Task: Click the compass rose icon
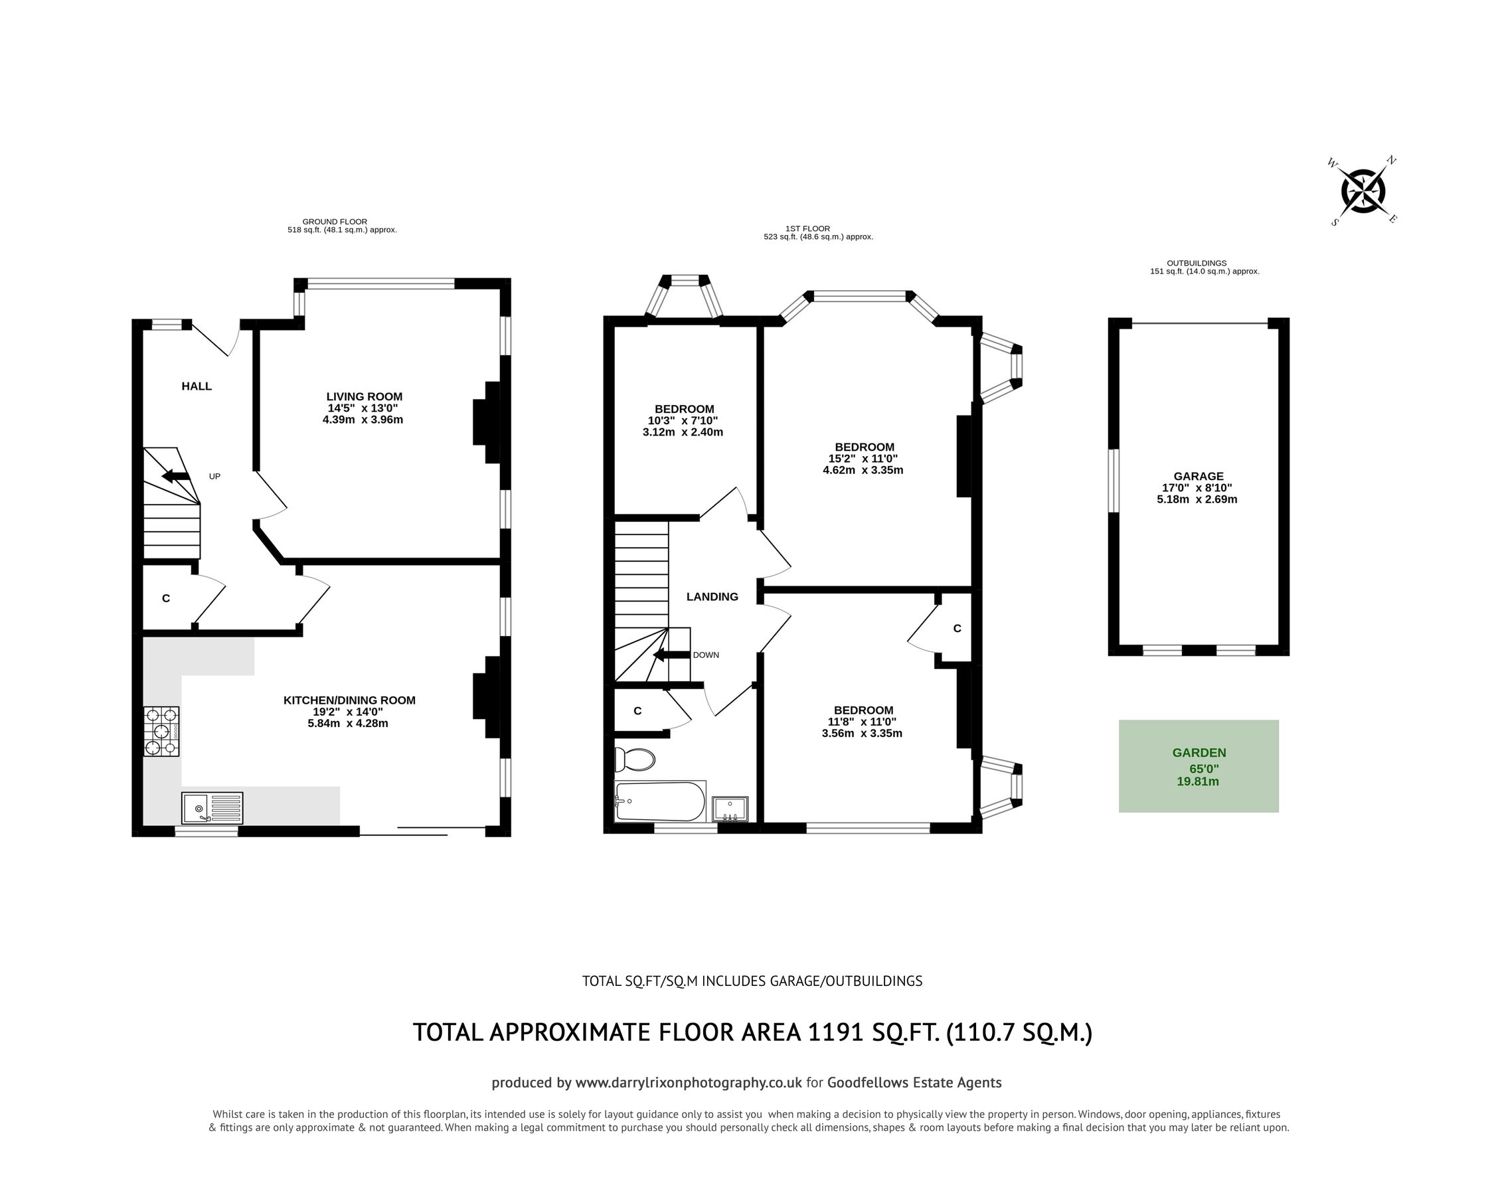tap(1363, 191)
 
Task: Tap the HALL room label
tap(197, 386)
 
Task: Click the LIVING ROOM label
tap(365, 396)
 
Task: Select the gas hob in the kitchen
tap(161, 731)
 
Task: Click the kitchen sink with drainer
tap(212, 808)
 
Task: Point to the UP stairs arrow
tap(176, 476)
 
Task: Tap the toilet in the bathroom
tap(635, 759)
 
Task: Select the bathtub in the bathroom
tap(660, 801)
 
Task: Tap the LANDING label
tap(712, 596)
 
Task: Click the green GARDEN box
tap(1198, 765)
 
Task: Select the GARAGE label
tap(1198, 476)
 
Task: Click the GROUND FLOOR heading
tap(335, 222)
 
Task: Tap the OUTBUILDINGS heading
tap(1197, 264)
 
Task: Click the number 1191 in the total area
tap(836, 1032)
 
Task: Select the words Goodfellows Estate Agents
tap(914, 1083)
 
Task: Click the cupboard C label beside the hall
tap(165, 598)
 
